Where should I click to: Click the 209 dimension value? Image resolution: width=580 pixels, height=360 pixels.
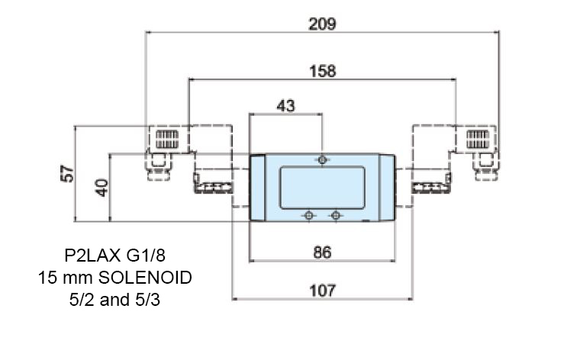pos(322,24)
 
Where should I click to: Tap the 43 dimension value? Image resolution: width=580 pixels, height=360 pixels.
pos(285,106)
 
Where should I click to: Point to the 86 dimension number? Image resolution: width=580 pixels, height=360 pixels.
pos(322,252)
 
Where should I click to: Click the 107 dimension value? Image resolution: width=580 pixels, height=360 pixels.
pos(322,291)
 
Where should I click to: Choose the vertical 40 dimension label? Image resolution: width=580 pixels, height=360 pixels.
pos(101,187)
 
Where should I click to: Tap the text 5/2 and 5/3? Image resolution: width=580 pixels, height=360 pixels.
pos(114,299)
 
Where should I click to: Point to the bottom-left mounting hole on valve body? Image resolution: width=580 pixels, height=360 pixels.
pos(308,216)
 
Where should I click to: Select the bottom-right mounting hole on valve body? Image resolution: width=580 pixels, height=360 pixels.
pos(334,216)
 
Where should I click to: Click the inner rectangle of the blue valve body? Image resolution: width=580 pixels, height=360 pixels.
pos(322,188)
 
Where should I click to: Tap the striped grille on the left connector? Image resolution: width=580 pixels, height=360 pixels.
pos(166,140)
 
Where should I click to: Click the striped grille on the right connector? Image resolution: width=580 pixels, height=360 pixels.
pos(478,140)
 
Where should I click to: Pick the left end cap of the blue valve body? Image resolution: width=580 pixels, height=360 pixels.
pos(258,188)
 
